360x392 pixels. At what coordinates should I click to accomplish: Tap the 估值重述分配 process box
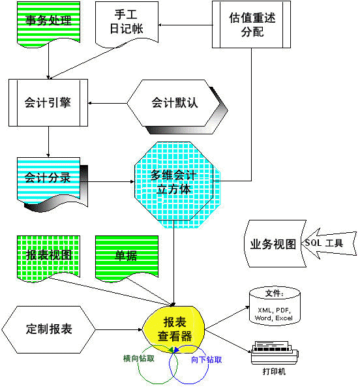(251, 25)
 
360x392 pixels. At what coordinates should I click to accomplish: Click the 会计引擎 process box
(48, 103)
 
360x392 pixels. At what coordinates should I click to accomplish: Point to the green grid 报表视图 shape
(48, 258)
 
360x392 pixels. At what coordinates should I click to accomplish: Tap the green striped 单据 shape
(127, 258)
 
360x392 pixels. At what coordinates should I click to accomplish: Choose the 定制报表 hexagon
(49, 329)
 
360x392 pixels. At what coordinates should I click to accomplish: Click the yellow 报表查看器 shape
(174, 329)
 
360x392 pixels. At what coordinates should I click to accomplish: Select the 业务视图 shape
(275, 243)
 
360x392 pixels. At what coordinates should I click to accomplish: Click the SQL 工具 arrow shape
(329, 243)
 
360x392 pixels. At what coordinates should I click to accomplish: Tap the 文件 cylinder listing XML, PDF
(275, 306)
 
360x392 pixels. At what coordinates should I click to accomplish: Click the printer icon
(275, 352)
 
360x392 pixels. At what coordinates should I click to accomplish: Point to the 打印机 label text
(274, 372)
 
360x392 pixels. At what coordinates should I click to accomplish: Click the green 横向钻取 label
(139, 359)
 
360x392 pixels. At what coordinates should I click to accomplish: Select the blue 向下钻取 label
(207, 360)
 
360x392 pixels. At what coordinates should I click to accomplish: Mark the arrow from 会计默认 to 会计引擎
(108, 103)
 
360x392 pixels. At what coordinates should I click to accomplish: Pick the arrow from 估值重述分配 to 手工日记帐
(185, 25)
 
